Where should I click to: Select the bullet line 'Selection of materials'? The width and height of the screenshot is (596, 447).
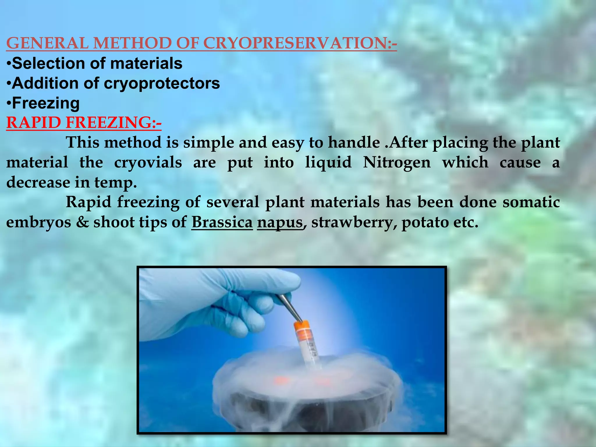click(95, 63)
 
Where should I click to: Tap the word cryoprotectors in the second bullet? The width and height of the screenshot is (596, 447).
click(162, 84)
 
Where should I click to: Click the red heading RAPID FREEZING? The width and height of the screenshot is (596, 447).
click(84, 123)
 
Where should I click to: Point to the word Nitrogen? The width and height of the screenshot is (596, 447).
click(397, 162)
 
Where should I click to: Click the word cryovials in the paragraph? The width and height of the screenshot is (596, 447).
click(148, 162)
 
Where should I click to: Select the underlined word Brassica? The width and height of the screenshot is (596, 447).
click(222, 222)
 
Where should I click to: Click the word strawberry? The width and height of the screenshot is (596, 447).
click(352, 223)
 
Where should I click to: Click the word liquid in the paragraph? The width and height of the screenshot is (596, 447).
click(328, 162)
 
